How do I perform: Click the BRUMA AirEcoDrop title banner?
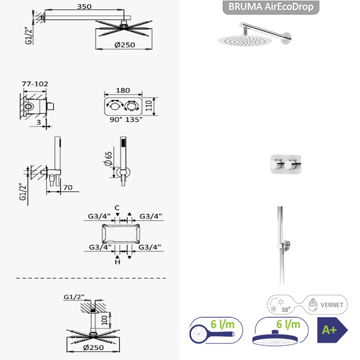[271, 7]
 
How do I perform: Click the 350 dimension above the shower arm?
[84, 6]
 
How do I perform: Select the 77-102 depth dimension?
[35, 84]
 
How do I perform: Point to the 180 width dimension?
[123, 90]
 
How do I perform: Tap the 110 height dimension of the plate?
[149, 105]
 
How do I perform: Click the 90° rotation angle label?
[116, 120]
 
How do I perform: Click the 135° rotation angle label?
[134, 120]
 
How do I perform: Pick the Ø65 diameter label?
[108, 158]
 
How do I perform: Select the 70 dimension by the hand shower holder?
[68, 188]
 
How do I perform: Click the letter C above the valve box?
[117, 208]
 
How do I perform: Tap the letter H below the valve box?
[117, 262]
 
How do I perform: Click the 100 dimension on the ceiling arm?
[104, 320]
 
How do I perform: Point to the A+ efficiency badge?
[332, 330]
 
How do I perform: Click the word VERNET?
[332, 305]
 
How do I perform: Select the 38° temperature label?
[286, 310]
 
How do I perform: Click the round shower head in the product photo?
[245, 40]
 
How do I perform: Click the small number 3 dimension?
[39, 122]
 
